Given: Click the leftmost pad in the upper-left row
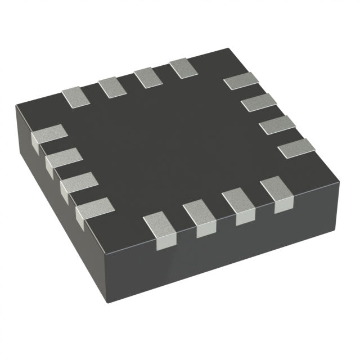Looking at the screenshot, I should point(76,97).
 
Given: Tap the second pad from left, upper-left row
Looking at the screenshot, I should point(113,87).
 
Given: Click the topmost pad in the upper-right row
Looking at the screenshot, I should point(241,81).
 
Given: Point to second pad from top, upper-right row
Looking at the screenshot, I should point(259,102).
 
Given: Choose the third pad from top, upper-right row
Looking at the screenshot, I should point(277,124).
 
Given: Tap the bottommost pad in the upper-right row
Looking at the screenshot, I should point(296,147).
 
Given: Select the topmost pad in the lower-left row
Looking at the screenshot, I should point(49,136).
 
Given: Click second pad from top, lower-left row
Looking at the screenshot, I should point(64,159).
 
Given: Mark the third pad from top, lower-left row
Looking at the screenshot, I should point(79,183).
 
